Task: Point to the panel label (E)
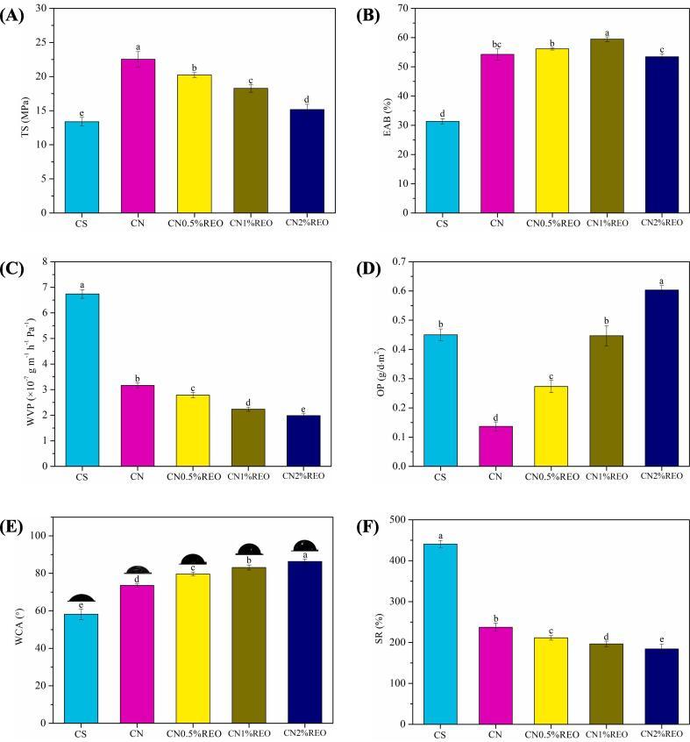coord(16,530)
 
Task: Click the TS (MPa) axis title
coord(20,110)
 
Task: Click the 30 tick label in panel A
coord(42,9)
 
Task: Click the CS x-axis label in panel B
coord(442,224)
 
